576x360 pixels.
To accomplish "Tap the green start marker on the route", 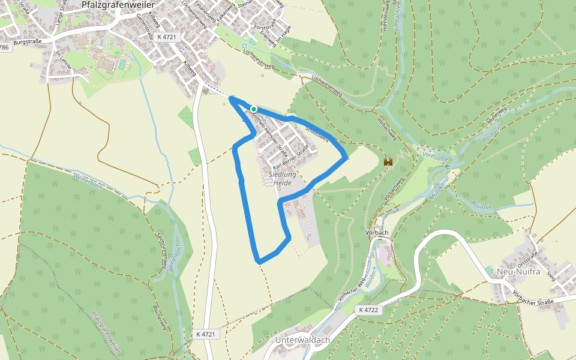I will [x=254, y=109].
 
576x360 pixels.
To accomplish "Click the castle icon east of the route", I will [x=388, y=162].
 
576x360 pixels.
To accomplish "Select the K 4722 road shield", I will [x=368, y=310].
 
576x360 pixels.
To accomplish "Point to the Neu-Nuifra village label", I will [x=517, y=271].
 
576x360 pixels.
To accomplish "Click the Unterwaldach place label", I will [x=302, y=340].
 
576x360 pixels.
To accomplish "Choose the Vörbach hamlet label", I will [x=377, y=232].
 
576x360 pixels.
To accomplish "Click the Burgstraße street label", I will [x=28, y=42].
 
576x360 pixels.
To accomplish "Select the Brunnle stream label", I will [x=481, y=205].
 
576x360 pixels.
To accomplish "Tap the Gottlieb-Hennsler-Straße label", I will [x=270, y=133].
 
